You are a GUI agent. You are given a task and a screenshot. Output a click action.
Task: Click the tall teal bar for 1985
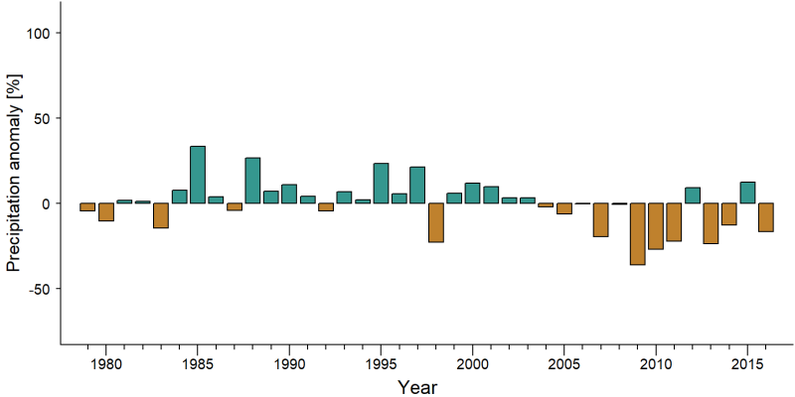[x=198, y=175]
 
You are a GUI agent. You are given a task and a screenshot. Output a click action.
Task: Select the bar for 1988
[x=252, y=181]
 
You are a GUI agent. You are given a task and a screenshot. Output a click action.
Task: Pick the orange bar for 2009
[x=637, y=234]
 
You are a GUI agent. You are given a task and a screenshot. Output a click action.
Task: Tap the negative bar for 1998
[x=436, y=222]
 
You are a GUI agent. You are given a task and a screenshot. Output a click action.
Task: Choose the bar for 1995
[x=381, y=184]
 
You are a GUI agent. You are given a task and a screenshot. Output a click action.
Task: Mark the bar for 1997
[x=417, y=185]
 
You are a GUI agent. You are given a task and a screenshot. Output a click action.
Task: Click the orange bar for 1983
[x=161, y=215]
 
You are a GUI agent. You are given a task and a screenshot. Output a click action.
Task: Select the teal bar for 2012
[x=693, y=196]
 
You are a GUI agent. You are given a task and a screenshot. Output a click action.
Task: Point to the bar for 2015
[x=747, y=193]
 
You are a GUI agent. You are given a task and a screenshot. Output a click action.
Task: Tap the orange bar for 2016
[x=765, y=217]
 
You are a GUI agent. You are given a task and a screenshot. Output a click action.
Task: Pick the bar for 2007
[x=601, y=219]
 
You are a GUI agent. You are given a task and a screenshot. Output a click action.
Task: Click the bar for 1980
[x=106, y=212]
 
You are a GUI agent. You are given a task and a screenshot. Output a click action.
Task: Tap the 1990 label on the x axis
[x=289, y=364]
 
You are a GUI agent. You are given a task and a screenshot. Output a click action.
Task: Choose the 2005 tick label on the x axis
[x=563, y=364]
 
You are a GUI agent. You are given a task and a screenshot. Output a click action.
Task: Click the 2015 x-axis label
[x=747, y=364]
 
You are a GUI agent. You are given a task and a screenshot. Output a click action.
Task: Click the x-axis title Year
[x=416, y=387]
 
